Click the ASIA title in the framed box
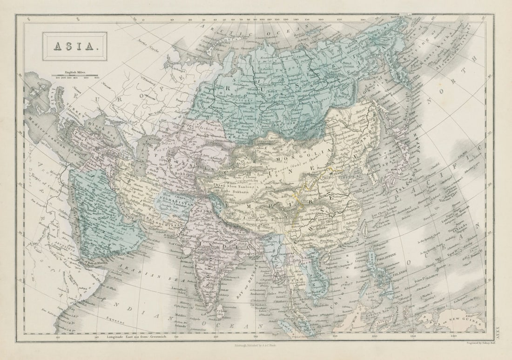[x=74, y=47]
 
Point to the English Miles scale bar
[x=74, y=75]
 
